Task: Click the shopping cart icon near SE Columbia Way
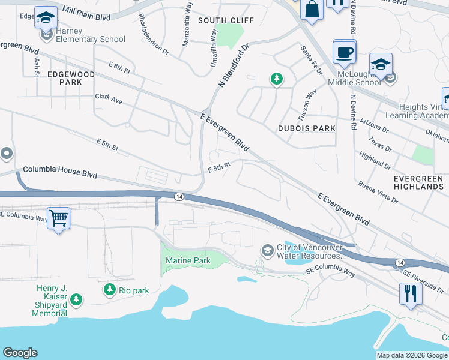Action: [x=58, y=218]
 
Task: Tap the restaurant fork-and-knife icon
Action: [x=411, y=293]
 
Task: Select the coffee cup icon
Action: [x=345, y=52]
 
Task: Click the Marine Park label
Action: [x=189, y=260]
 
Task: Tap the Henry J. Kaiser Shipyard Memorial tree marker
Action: [x=76, y=299]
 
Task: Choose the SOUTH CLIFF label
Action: [x=226, y=20]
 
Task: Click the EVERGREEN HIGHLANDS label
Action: [x=418, y=182]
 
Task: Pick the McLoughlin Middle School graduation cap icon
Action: [x=381, y=64]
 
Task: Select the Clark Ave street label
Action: [x=108, y=99]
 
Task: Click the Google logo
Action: [x=20, y=352]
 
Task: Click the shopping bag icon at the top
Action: [x=312, y=10]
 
